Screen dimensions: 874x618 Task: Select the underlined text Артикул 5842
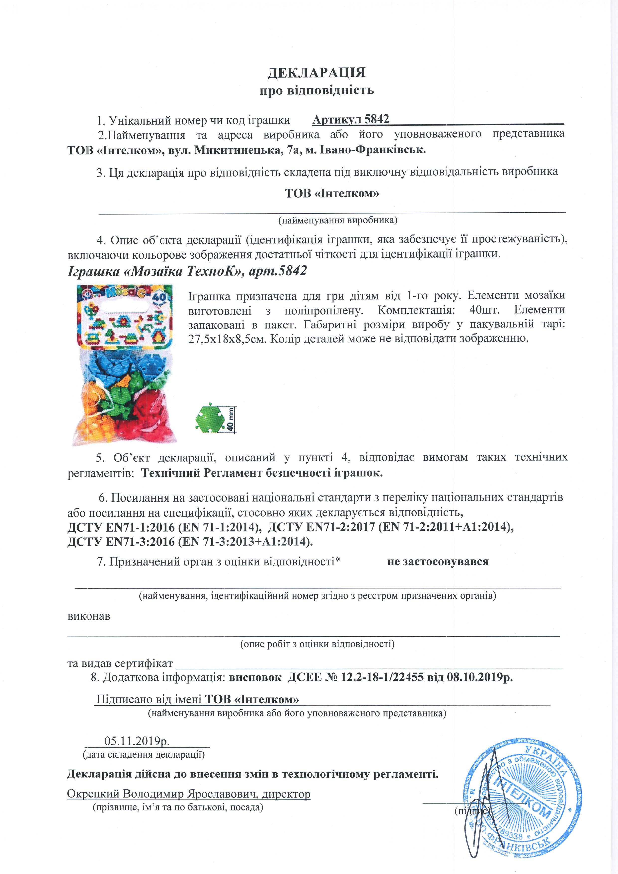coord(351,120)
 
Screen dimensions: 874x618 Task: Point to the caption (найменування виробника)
coord(338,220)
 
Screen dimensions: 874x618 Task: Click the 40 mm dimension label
coord(230,419)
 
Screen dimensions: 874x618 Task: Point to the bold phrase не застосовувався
coord(438,562)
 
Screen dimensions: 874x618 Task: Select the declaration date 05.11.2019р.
coord(137,741)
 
